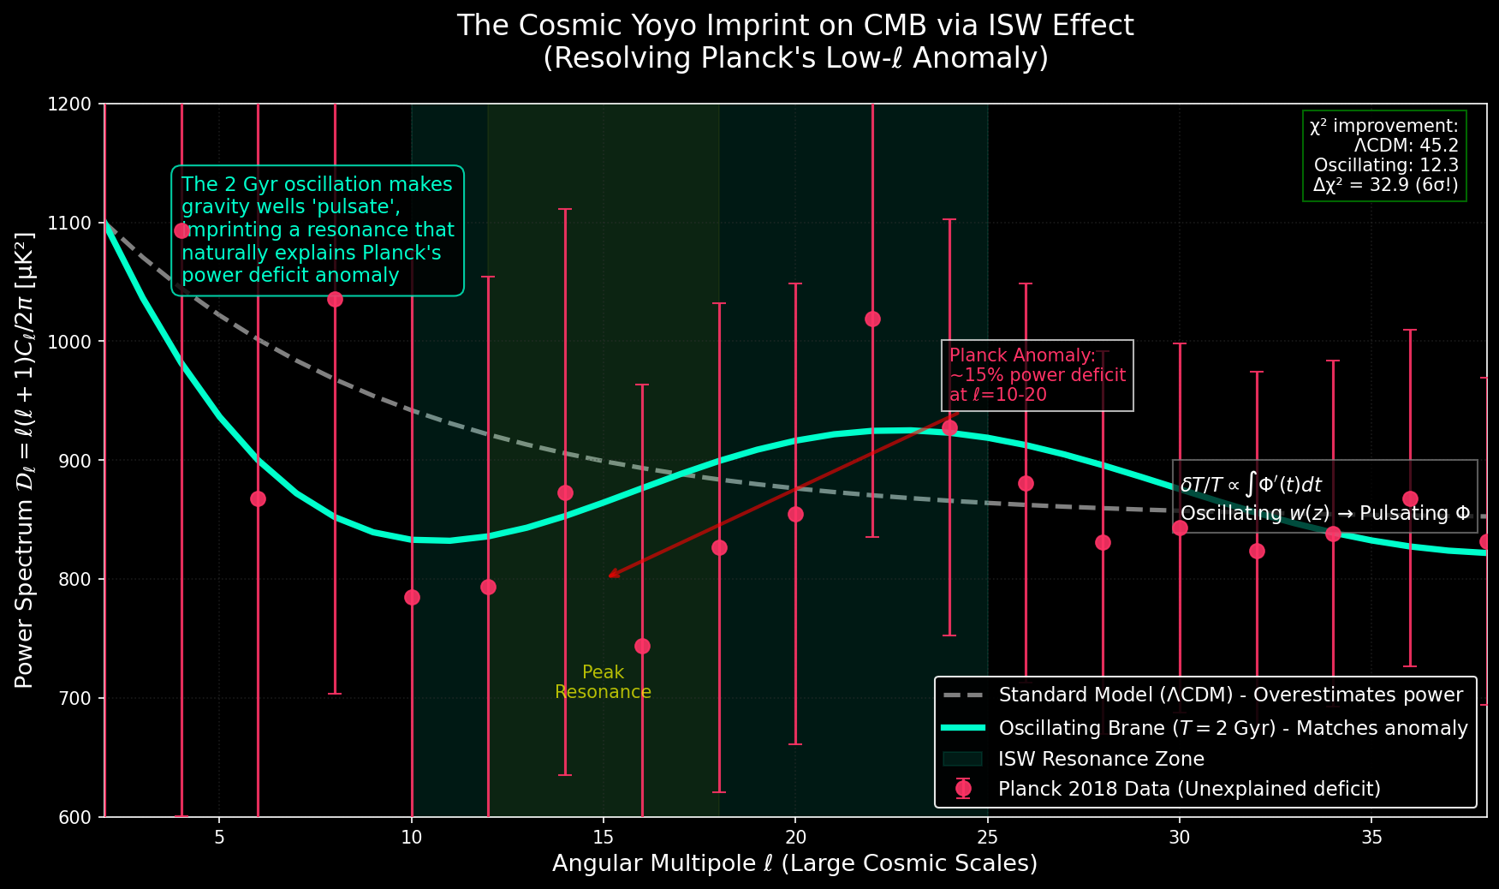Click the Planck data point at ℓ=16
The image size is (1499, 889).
642,646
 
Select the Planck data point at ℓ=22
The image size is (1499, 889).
872,319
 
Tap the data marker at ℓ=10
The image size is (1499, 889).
412,597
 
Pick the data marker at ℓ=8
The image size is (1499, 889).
335,299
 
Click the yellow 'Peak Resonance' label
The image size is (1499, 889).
603,682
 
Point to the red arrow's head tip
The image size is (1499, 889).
609,577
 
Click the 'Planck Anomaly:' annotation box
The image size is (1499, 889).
1037,375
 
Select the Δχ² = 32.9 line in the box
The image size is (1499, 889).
1384,185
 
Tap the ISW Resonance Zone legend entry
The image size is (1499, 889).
1101,759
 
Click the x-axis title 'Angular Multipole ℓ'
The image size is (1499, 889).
794,863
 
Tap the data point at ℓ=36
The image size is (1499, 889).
1410,498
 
